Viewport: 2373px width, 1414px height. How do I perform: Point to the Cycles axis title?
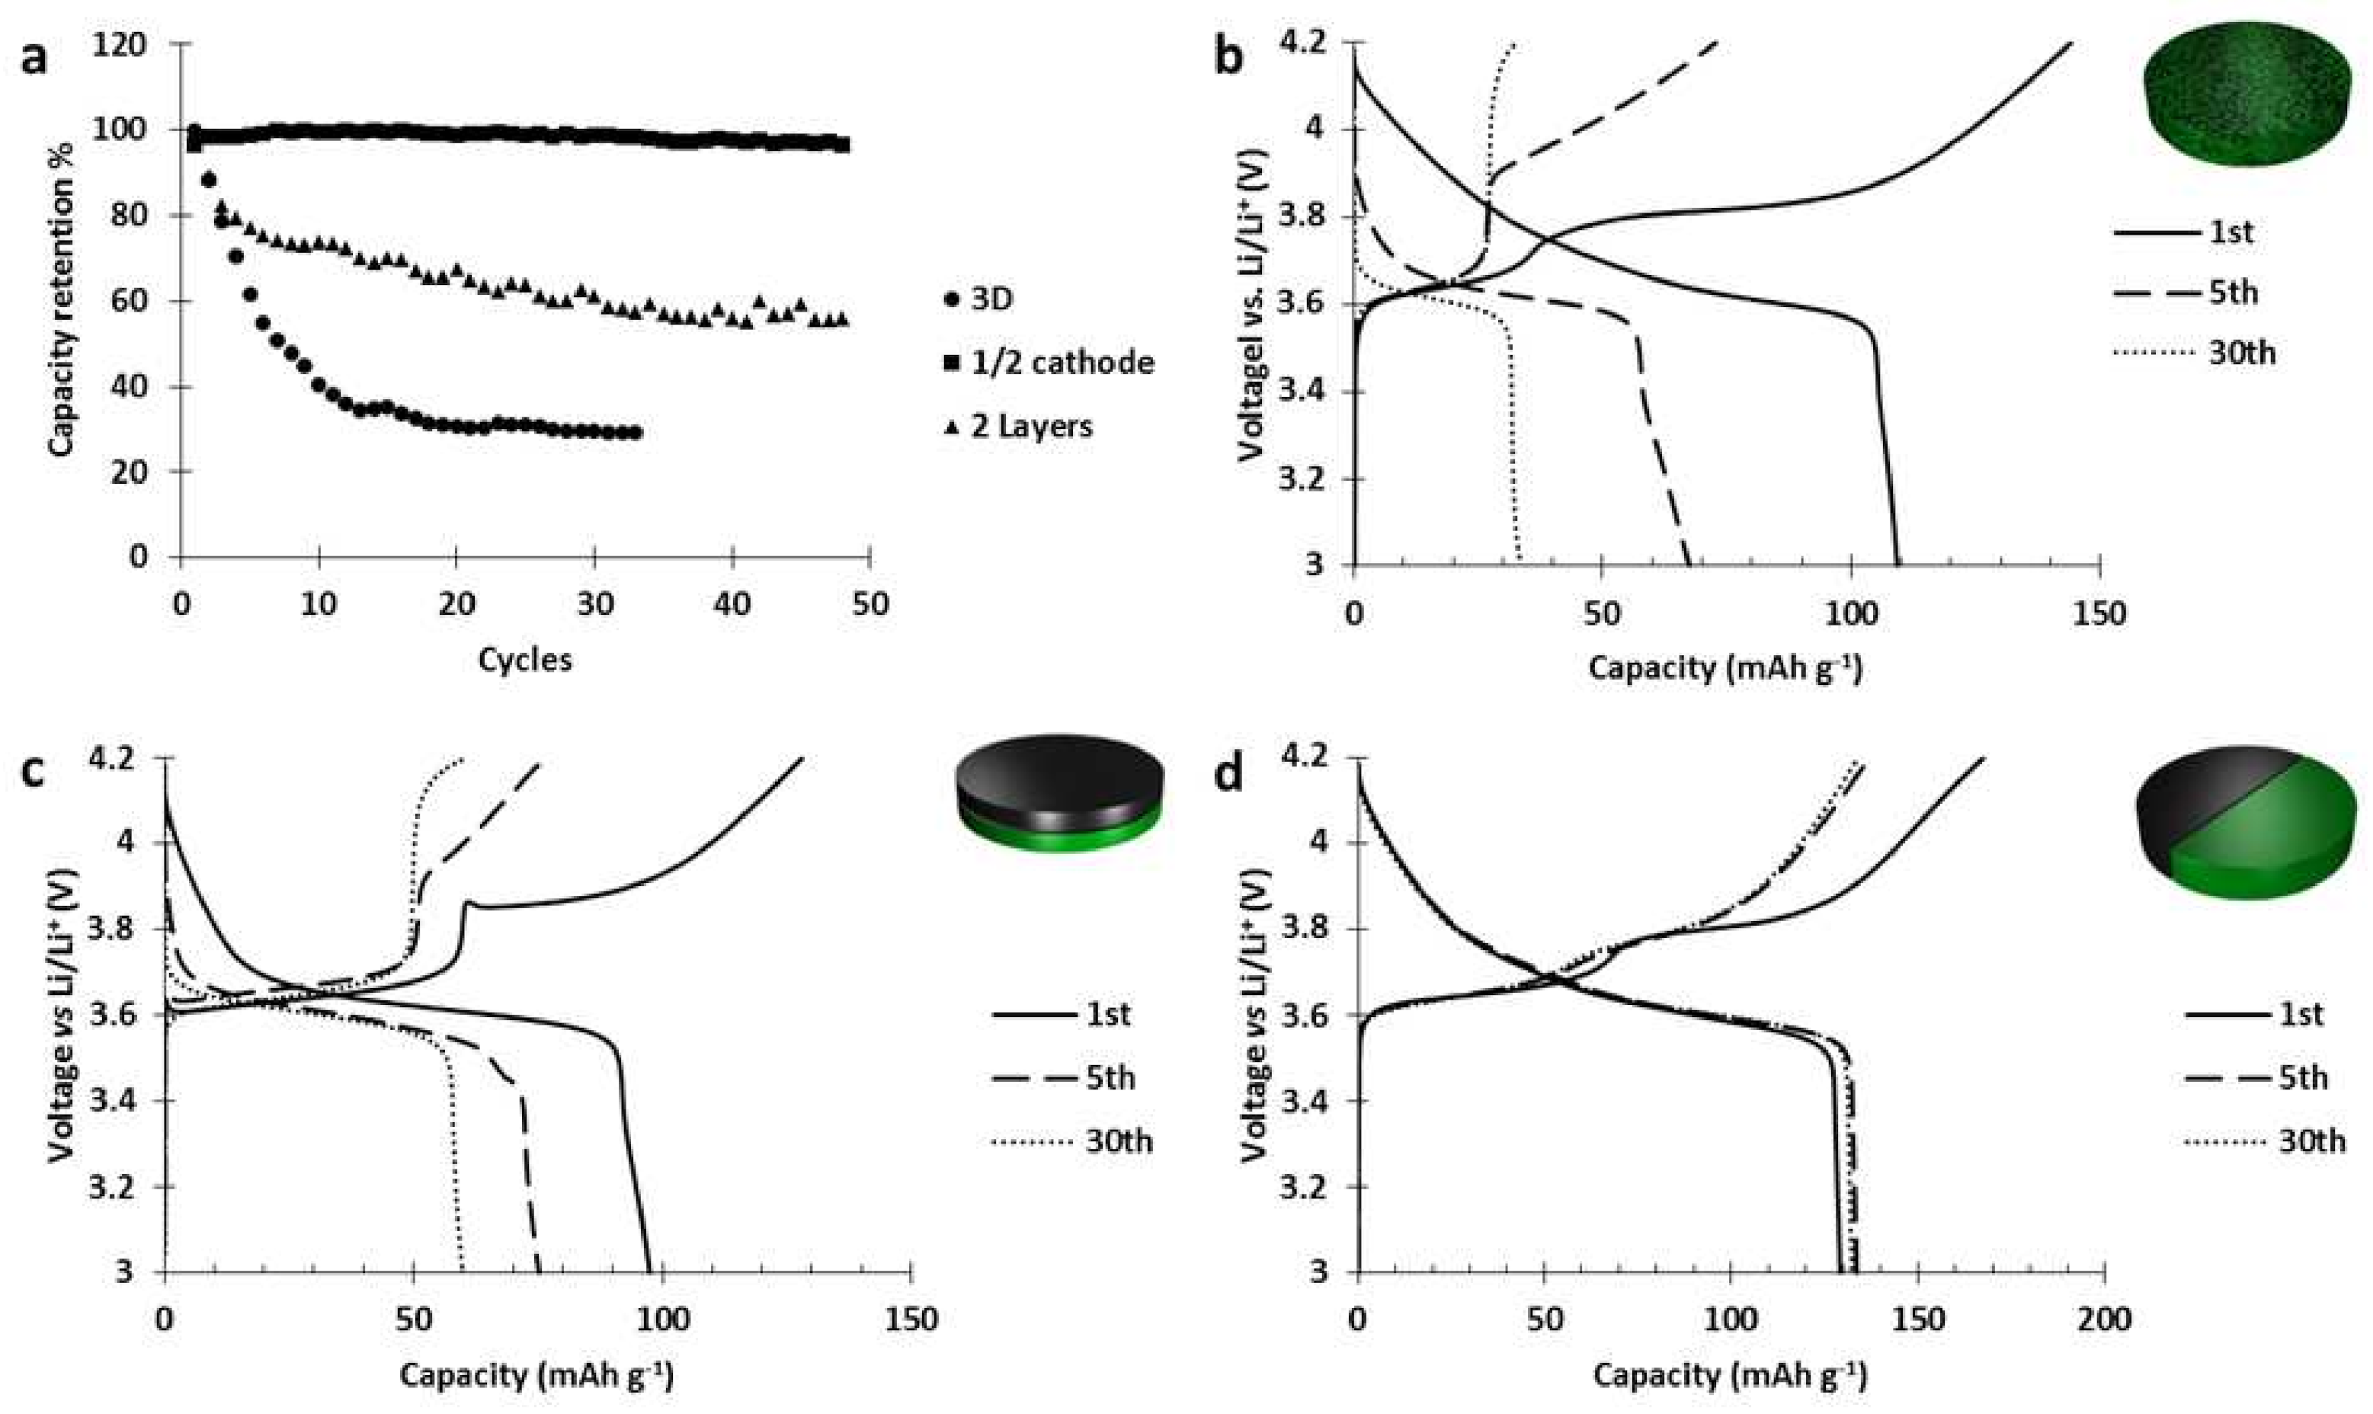pyautogui.click(x=525, y=659)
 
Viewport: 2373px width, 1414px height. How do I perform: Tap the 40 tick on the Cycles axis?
pyautogui.click(x=732, y=605)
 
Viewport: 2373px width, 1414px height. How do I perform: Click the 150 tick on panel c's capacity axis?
pyautogui.click(x=911, y=1320)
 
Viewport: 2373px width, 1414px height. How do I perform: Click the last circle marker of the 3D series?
pyautogui.click(x=636, y=433)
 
